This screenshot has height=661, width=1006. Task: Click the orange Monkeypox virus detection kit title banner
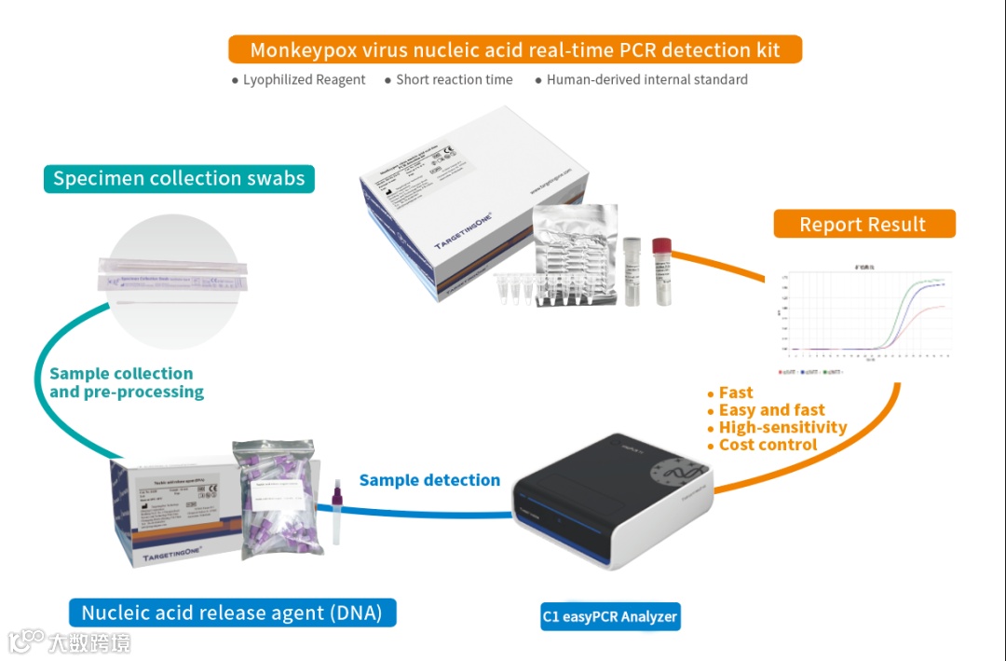pyautogui.click(x=514, y=49)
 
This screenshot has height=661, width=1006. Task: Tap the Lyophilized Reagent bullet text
pyautogui.click(x=304, y=80)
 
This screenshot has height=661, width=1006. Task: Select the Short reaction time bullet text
pyautogui.click(x=454, y=80)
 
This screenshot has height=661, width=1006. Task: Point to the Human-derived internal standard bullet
pyautogui.click(x=646, y=80)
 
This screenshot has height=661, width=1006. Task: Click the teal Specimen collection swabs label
pyautogui.click(x=179, y=178)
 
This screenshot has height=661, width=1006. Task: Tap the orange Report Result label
pyautogui.click(x=863, y=225)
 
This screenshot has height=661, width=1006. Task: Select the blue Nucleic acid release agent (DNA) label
pyautogui.click(x=232, y=613)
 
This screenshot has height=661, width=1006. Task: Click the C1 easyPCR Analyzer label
pyautogui.click(x=610, y=616)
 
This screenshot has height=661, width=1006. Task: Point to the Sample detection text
pyautogui.click(x=429, y=480)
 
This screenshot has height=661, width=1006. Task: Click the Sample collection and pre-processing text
pyautogui.click(x=126, y=382)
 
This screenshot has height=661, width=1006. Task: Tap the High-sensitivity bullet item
pyautogui.click(x=782, y=427)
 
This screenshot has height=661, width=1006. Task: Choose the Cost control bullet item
pyautogui.click(x=768, y=445)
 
